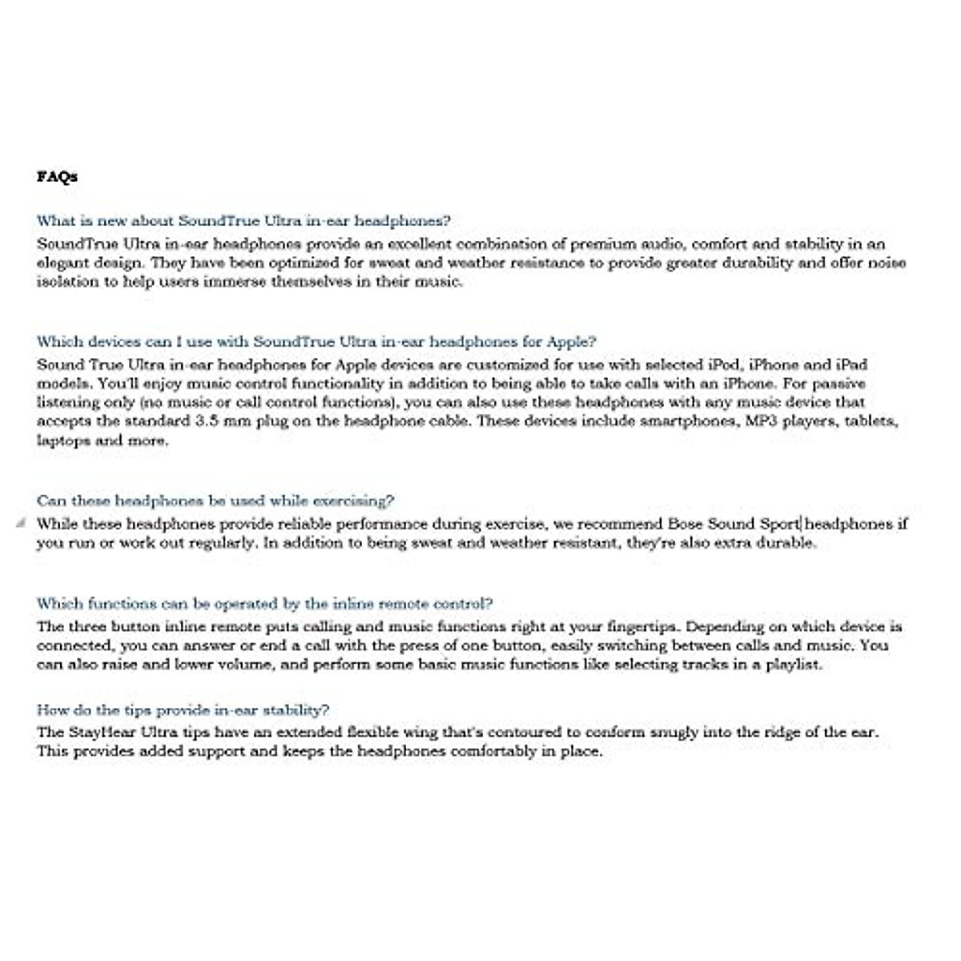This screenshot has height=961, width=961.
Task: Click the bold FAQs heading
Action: [57, 176]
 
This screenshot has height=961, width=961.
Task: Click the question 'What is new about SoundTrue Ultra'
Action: [243, 220]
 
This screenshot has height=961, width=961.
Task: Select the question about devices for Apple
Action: [316, 341]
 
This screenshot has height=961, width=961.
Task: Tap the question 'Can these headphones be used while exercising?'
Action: [215, 501]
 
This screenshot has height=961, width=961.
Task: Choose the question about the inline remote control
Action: [264, 603]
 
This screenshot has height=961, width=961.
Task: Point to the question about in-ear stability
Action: [183, 710]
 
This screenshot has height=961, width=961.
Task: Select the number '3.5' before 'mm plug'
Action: [204, 421]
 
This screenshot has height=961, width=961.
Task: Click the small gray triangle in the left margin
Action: [21, 523]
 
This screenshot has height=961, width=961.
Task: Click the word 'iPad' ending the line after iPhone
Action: [851, 364]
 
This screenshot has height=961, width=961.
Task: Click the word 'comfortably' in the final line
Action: [493, 751]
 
